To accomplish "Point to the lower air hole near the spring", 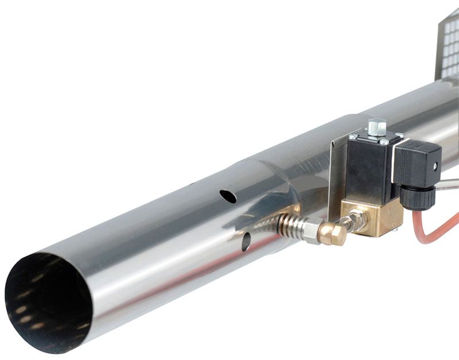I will pos(246,242).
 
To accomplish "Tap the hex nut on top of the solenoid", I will pos(376,126).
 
